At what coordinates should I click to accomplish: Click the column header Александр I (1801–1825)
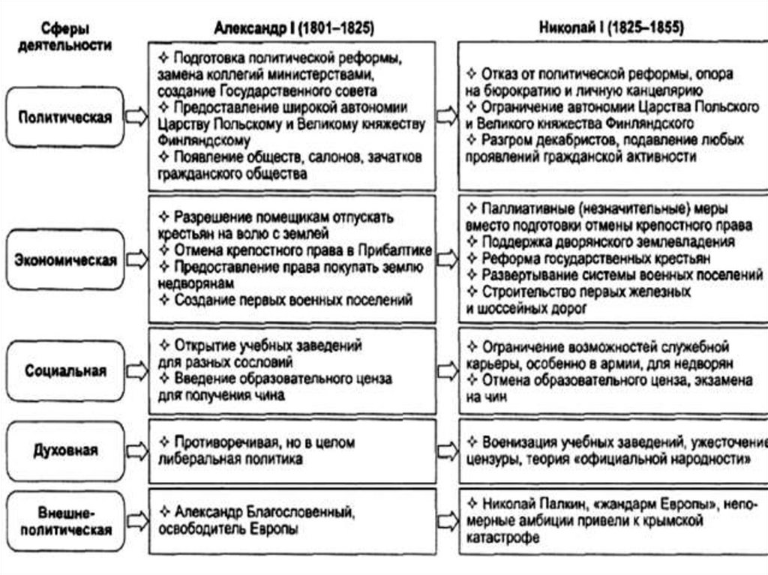click(x=294, y=28)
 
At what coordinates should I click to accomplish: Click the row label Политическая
click(x=65, y=117)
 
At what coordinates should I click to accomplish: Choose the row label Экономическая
click(x=66, y=260)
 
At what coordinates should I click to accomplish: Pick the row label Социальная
click(x=65, y=370)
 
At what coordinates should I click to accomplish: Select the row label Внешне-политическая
click(x=65, y=521)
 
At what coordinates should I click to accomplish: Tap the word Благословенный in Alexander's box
click(x=298, y=512)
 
